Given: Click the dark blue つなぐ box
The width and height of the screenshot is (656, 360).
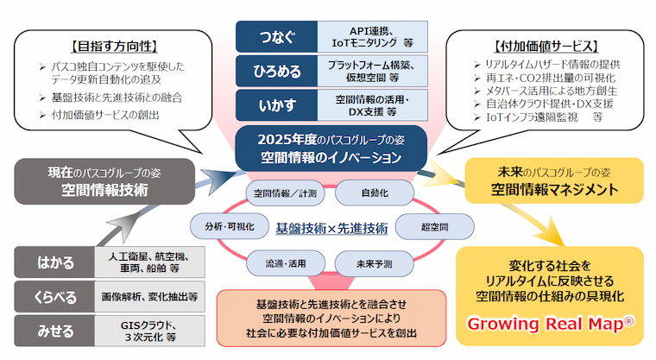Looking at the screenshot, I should pos(277,37).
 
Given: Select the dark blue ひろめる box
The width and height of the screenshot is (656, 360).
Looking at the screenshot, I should pos(277,71).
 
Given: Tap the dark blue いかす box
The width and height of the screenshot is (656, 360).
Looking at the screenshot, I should pos(277,104).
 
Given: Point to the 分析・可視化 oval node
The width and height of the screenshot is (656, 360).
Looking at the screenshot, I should pos(221,228).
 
